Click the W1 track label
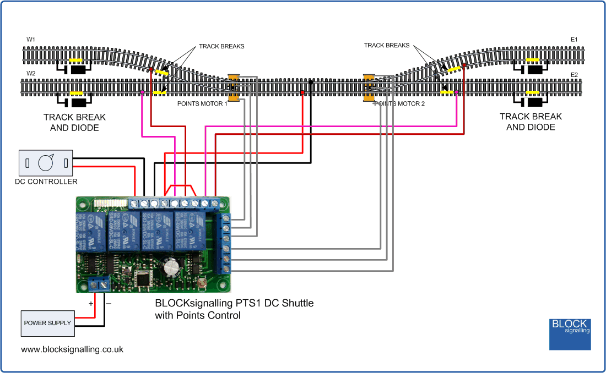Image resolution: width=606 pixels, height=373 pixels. pyautogui.click(x=30, y=40)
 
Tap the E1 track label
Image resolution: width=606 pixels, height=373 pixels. pyautogui.click(x=574, y=40)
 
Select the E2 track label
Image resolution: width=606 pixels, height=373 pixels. pyautogui.click(x=574, y=74)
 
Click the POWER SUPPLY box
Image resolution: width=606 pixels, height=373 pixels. pyautogui.click(x=47, y=323)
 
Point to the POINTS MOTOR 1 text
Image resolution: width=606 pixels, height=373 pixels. pyautogui.click(x=202, y=103)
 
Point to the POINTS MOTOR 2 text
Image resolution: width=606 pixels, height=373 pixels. pyautogui.click(x=400, y=103)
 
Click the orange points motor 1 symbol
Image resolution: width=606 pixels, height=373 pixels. pyautogui.click(x=234, y=88)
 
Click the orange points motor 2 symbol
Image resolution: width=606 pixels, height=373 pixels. pyautogui.click(x=369, y=88)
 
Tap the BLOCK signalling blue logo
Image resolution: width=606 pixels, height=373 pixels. pyautogui.click(x=570, y=334)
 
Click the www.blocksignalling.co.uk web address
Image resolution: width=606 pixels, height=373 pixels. pyautogui.click(x=72, y=349)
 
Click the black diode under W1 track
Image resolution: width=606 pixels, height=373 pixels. pyautogui.click(x=79, y=70)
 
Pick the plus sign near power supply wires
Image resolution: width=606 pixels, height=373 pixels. pyautogui.click(x=91, y=303)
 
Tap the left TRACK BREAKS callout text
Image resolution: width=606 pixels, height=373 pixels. pyautogui.click(x=221, y=47)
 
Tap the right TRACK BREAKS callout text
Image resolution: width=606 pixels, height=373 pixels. pyautogui.click(x=387, y=46)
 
